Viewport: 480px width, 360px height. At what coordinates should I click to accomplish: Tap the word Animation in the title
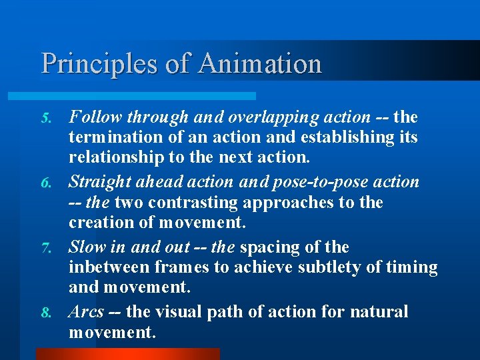pyautogui.click(x=260, y=64)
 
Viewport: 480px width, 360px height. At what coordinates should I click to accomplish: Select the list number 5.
pyautogui.click(x=47, y=119)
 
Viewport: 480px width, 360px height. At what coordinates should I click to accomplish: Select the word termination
pyautogui.click(x=110, y=137)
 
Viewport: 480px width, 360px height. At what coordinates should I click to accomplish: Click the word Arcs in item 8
pyautogui.click(x=87, y=312)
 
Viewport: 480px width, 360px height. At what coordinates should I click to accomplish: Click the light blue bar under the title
pyautogui.click(x=147, y=96)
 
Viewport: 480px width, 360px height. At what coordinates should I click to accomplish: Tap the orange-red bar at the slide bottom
pyautogui.click(x=127, y=354)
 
